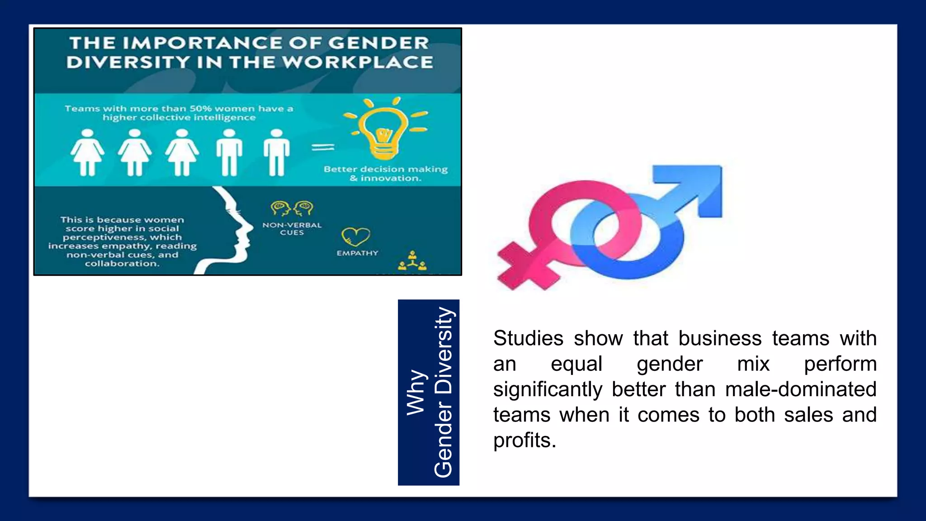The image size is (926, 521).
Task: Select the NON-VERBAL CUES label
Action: point(292,228)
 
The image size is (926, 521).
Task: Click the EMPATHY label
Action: point(357,253)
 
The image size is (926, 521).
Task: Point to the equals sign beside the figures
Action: point(323,147)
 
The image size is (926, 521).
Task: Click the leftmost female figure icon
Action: point(87,152)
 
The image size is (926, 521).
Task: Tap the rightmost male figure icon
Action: point(276,152)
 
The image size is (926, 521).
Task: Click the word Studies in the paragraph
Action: point(528,338)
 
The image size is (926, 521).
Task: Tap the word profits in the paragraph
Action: point(524,440)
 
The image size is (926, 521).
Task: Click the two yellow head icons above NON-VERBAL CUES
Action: point(292,208)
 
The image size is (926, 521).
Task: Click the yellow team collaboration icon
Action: point(412,261)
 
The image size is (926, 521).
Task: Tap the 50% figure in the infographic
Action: point(200,109)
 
